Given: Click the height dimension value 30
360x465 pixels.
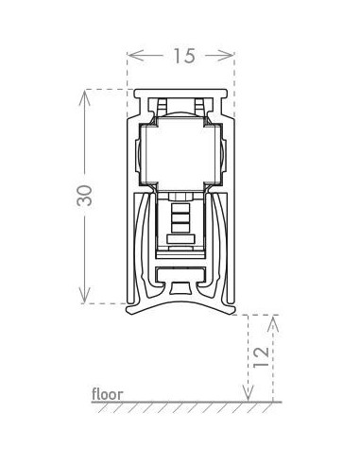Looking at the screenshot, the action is coord(85,196).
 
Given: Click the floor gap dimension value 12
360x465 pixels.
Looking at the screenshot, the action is coord(261,356).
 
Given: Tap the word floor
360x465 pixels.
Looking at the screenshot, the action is coord(108,394).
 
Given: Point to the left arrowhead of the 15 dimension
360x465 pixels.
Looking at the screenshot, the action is coord(135,56).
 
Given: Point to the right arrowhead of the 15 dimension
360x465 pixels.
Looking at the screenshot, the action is coord(226,56).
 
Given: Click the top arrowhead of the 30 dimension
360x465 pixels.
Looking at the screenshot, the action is coord(84,97).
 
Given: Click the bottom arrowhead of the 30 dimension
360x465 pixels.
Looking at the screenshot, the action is coord(84,295).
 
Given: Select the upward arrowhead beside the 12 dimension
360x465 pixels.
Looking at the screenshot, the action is coord(273,323).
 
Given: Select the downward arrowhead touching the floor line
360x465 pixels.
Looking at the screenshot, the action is coord(249,394).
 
